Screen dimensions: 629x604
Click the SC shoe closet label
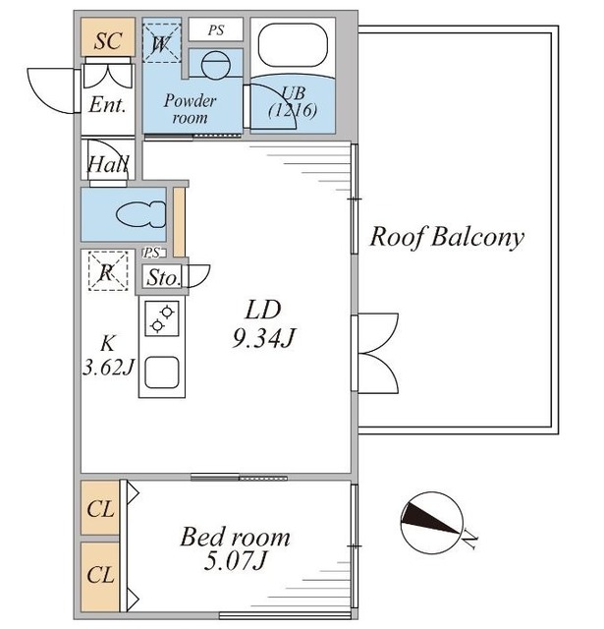coord(107,40)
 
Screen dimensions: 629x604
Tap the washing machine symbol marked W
coord(160,43)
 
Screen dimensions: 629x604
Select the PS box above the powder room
coord(216,30)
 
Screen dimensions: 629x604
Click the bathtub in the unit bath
coord(292,47)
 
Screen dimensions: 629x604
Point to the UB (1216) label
coord(293,102)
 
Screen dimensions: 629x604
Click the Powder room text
coord(190,108)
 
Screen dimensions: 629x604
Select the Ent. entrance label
coord(108,105)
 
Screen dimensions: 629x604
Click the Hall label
coord(106,165)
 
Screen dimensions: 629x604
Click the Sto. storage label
coord(164,278)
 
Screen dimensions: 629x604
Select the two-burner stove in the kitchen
coord(161,319)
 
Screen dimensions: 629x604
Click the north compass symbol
coord(433,521)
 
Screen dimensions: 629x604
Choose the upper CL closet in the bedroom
coord(99,508)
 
